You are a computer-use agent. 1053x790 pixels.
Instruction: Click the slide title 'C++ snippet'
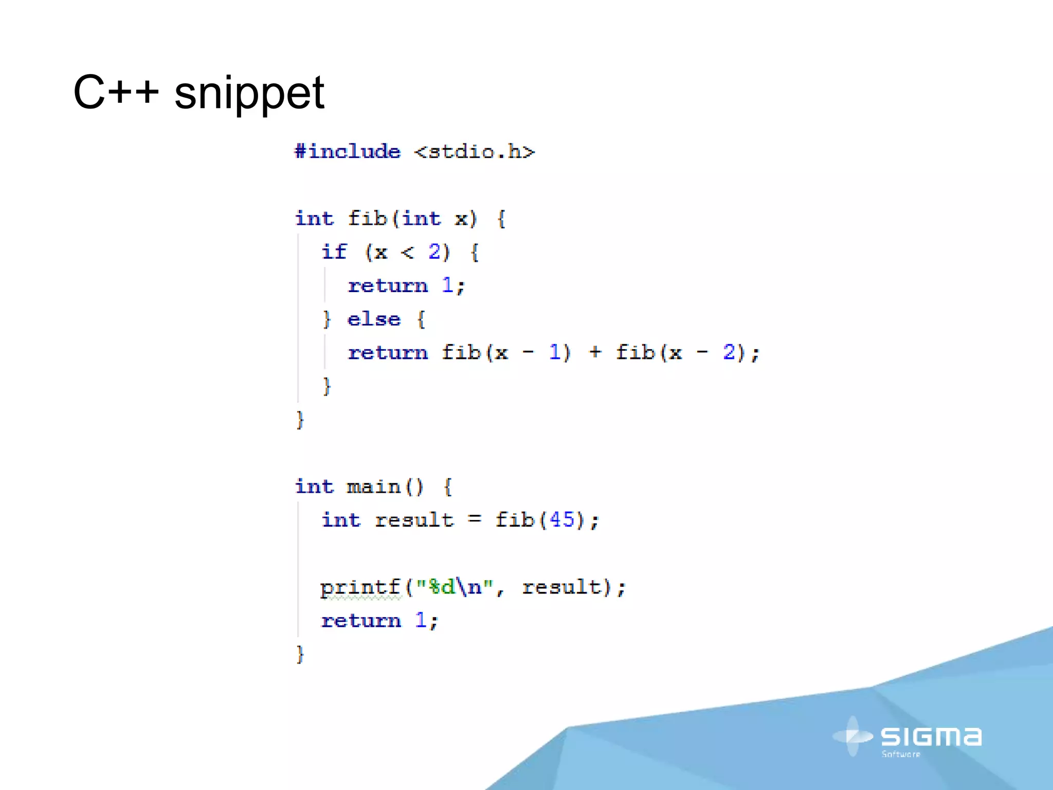tap(198, 93)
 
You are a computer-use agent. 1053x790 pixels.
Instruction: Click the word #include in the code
tap(348, 152)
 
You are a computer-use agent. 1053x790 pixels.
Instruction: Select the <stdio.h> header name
tap(475, 152)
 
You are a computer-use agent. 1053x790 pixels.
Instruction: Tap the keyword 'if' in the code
tap(334, 252)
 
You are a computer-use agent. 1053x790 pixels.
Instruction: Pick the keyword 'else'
tap(374, 319)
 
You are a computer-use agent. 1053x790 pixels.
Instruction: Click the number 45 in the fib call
tap(562, 519)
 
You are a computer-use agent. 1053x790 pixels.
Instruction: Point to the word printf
tap(360, 587)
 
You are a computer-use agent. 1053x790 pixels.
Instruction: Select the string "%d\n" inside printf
tap(455, 586)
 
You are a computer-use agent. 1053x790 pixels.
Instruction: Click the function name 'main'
tap(374, 487)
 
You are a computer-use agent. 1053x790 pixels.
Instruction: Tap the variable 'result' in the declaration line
tap(414, 520)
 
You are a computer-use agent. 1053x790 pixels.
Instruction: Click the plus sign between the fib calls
tap(595, 352)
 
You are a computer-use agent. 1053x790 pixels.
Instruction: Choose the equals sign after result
tap(475, 519)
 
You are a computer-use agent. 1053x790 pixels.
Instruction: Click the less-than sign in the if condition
tap(407, 253)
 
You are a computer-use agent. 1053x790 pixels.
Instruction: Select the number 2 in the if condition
tap(434, 252)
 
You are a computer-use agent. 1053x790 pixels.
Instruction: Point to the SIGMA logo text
tap(931, 737)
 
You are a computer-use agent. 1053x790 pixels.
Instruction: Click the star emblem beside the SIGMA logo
tap(852, 737)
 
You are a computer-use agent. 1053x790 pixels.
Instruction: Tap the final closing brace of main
tap(300, 654)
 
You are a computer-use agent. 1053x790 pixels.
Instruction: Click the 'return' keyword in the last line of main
tap(361, 621)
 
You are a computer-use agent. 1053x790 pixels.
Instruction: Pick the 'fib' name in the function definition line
tap(367, 219)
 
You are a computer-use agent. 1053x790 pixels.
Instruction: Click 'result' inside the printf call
tap(561, 587)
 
